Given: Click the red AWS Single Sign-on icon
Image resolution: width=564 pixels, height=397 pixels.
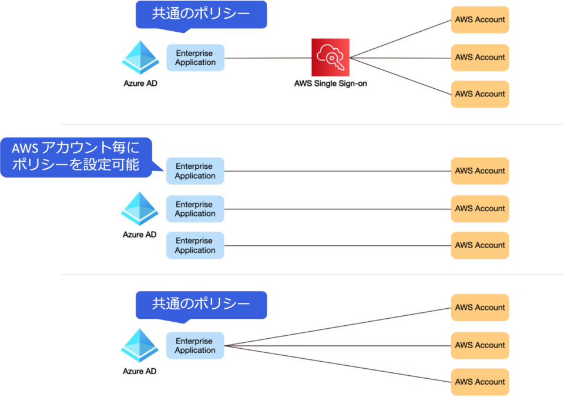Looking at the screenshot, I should [x=330, y=57].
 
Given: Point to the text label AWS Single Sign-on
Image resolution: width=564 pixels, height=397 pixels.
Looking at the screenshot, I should [x=330, y=84].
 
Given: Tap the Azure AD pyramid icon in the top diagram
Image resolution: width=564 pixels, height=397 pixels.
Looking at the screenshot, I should [x=140, y=57].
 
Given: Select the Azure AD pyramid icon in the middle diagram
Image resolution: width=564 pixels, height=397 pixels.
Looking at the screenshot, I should [x=140, y=208].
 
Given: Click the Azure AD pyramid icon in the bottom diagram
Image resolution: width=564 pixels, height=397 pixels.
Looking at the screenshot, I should [x=140, y=345].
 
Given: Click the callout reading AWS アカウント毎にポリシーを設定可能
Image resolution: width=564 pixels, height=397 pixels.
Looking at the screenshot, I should [x=76, y=156].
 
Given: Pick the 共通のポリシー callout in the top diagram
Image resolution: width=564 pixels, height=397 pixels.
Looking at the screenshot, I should [x=201, y=14].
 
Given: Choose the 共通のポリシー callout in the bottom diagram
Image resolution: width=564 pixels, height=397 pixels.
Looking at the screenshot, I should [x=201, y=304].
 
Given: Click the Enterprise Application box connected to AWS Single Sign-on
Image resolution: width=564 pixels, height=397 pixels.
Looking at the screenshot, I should [x=195, y=58].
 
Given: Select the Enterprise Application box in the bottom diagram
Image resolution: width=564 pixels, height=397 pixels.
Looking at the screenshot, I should [x=195, y=345].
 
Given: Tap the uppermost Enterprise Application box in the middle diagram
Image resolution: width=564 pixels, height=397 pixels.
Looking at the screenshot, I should [x=195, y=171].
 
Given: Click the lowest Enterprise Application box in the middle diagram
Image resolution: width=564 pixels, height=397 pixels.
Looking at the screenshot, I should [x=195, y=245].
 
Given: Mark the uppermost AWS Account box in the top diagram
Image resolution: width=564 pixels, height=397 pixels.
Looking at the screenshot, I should [x=480, y=19].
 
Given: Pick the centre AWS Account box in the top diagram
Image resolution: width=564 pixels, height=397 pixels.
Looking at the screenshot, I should [x=480, y=57].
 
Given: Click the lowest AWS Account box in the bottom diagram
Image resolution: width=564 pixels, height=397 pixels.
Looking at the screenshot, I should [x=480, y=382].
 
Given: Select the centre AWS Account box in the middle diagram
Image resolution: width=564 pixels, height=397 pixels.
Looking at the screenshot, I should [x=480, y=208].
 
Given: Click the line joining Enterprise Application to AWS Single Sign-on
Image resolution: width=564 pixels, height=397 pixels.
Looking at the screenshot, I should [x=267, y=58].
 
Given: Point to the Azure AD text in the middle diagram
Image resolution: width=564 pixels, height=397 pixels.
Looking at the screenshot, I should [x=140, y=234].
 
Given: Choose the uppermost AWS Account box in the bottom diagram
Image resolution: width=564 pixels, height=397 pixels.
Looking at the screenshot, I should [x=480, y=308].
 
